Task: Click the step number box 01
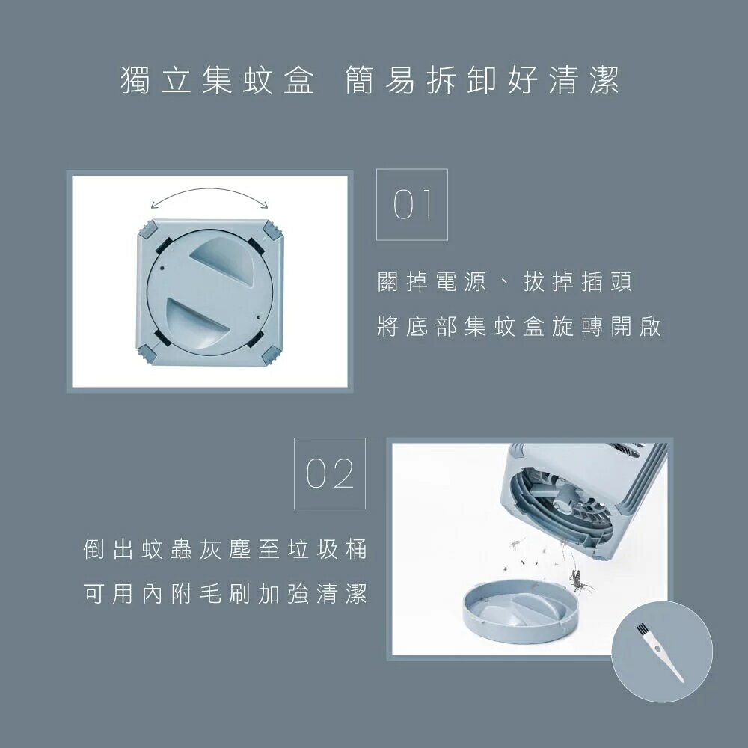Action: pyautogui.click(x=411, y=204)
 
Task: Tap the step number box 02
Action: pyautogui.click(x=330, y=473)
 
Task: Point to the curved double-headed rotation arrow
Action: pyautogui.click(x=209, y=197)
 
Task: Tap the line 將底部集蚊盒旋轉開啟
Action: pyautogui.click(x=519, y=328)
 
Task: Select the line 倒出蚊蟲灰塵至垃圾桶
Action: pyautogui.click(x=225, y=549)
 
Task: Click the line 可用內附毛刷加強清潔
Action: pyautogui.click(x=225, y=594)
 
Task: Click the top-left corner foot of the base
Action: pyautogui.click(x=147, y=228)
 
